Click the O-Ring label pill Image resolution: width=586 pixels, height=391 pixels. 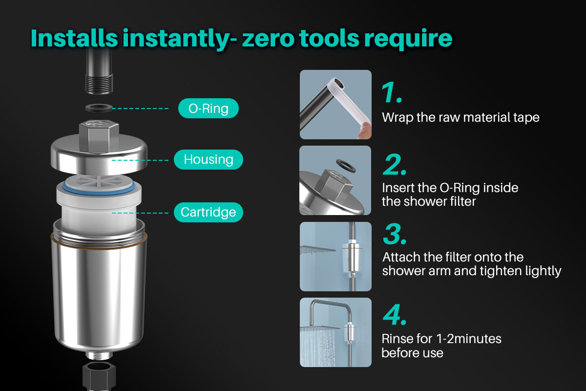(209, 109)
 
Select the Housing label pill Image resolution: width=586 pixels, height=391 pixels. (209, 159)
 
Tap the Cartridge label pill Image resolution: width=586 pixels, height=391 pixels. (209, 212)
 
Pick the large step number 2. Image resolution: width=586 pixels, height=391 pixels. (394, 166)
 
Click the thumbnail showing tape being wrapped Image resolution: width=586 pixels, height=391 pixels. (335, 105)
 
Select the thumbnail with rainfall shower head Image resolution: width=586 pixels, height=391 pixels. (335, 332)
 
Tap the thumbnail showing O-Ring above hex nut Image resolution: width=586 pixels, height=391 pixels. (335, 180)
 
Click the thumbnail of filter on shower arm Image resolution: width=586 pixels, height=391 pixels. (335, 257)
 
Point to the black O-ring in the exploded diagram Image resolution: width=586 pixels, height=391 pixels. (99, 108)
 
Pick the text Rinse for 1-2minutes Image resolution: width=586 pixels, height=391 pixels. (441, 338)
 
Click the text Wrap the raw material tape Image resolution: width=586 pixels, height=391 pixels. (460, 118)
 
